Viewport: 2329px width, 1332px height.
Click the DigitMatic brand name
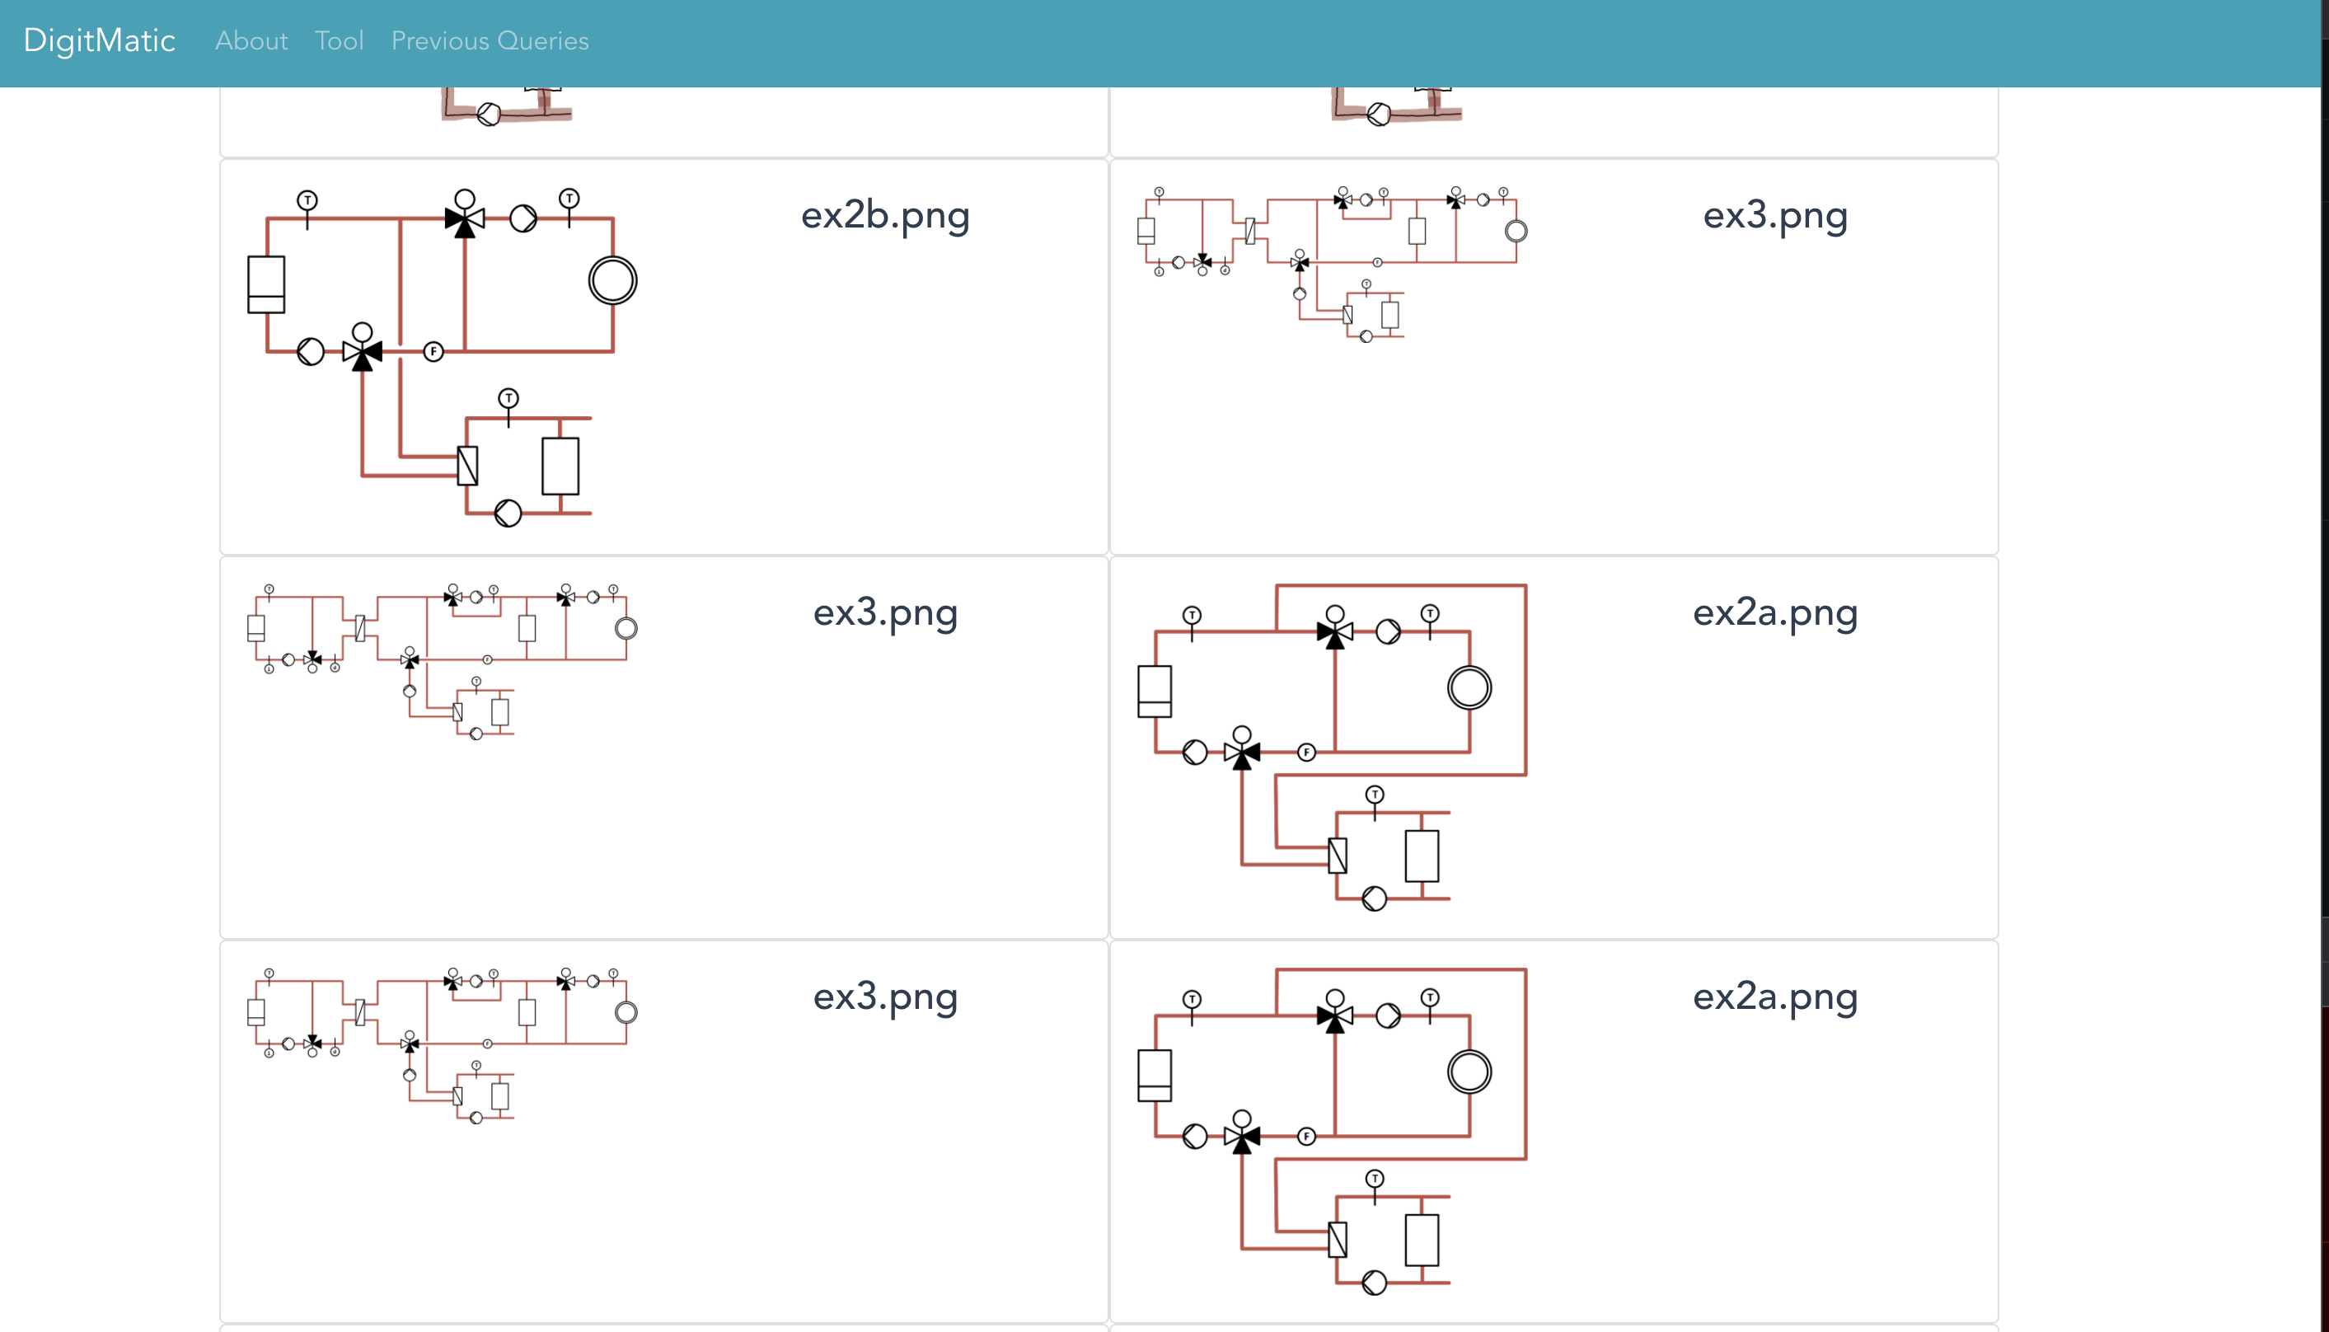pos(99,40)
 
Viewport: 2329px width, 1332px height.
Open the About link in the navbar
pos(251,40)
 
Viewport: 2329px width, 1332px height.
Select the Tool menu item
pos(340,40)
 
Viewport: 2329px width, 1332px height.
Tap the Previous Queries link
pos(490,40)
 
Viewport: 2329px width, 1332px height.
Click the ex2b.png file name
pos(885,215)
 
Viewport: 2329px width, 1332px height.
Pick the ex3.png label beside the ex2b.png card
pos(1775,215)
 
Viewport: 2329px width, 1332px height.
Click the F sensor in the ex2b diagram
pos(433,351)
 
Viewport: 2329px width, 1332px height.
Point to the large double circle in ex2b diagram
pos(612,280)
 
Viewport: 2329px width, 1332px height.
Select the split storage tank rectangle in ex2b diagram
pos(266,284)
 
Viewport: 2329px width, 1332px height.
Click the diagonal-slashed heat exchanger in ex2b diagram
pos(467,466)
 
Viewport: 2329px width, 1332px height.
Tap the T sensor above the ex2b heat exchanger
pos(508,399)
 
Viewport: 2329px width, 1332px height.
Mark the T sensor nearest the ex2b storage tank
pos(307,200)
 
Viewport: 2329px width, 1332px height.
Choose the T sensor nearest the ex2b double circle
pos(569,199)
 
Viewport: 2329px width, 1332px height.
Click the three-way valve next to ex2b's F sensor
pos(363,350)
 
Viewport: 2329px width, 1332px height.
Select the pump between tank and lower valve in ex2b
pos(311,351)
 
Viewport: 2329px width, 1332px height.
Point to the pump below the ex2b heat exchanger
pos(508,514)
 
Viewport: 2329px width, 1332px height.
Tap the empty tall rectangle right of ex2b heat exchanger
pos(560,466)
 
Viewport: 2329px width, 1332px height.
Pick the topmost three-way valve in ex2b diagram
pos(465,218)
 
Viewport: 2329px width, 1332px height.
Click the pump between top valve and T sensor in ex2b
pos(523,218)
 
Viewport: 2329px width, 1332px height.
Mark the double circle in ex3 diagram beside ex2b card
pos(1516,232)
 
